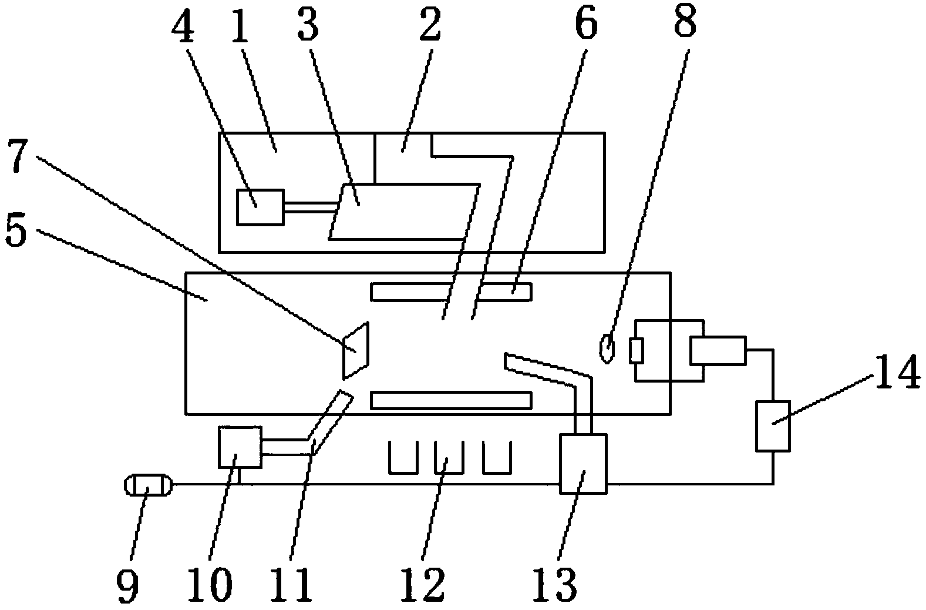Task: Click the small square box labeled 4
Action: [260, 207]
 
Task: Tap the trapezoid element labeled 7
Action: [356, 350]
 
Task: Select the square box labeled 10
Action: [240, 447]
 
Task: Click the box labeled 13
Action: [582, 463]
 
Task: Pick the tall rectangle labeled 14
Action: [772, 426]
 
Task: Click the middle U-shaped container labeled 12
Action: [449, 457]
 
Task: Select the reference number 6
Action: [585, 23]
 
